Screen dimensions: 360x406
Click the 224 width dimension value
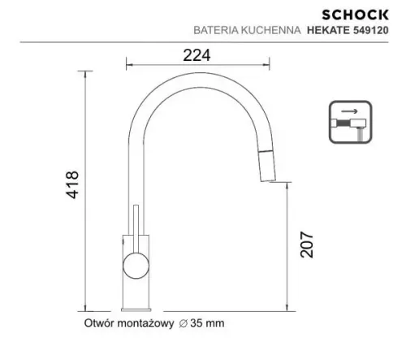193,54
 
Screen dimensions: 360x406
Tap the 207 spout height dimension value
306,241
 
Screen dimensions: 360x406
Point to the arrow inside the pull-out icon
348,113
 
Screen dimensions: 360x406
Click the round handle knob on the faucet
135,265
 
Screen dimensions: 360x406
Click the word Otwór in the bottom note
101,323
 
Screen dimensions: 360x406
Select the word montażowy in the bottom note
148,323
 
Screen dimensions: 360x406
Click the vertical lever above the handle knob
137,228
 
